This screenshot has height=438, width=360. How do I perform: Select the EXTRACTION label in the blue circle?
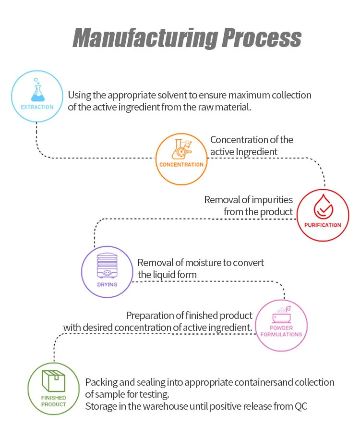tap(37, 107)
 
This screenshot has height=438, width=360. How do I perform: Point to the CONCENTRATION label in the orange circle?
tap(181, 164)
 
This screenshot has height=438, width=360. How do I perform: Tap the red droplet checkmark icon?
tap(323, 207)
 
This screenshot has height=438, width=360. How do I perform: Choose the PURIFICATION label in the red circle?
tap(323, 225)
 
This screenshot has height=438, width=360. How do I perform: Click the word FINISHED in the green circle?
tap(53, 398)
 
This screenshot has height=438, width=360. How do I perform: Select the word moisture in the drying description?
tap(192, 263)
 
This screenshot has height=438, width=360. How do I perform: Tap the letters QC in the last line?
tap(300, 406)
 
